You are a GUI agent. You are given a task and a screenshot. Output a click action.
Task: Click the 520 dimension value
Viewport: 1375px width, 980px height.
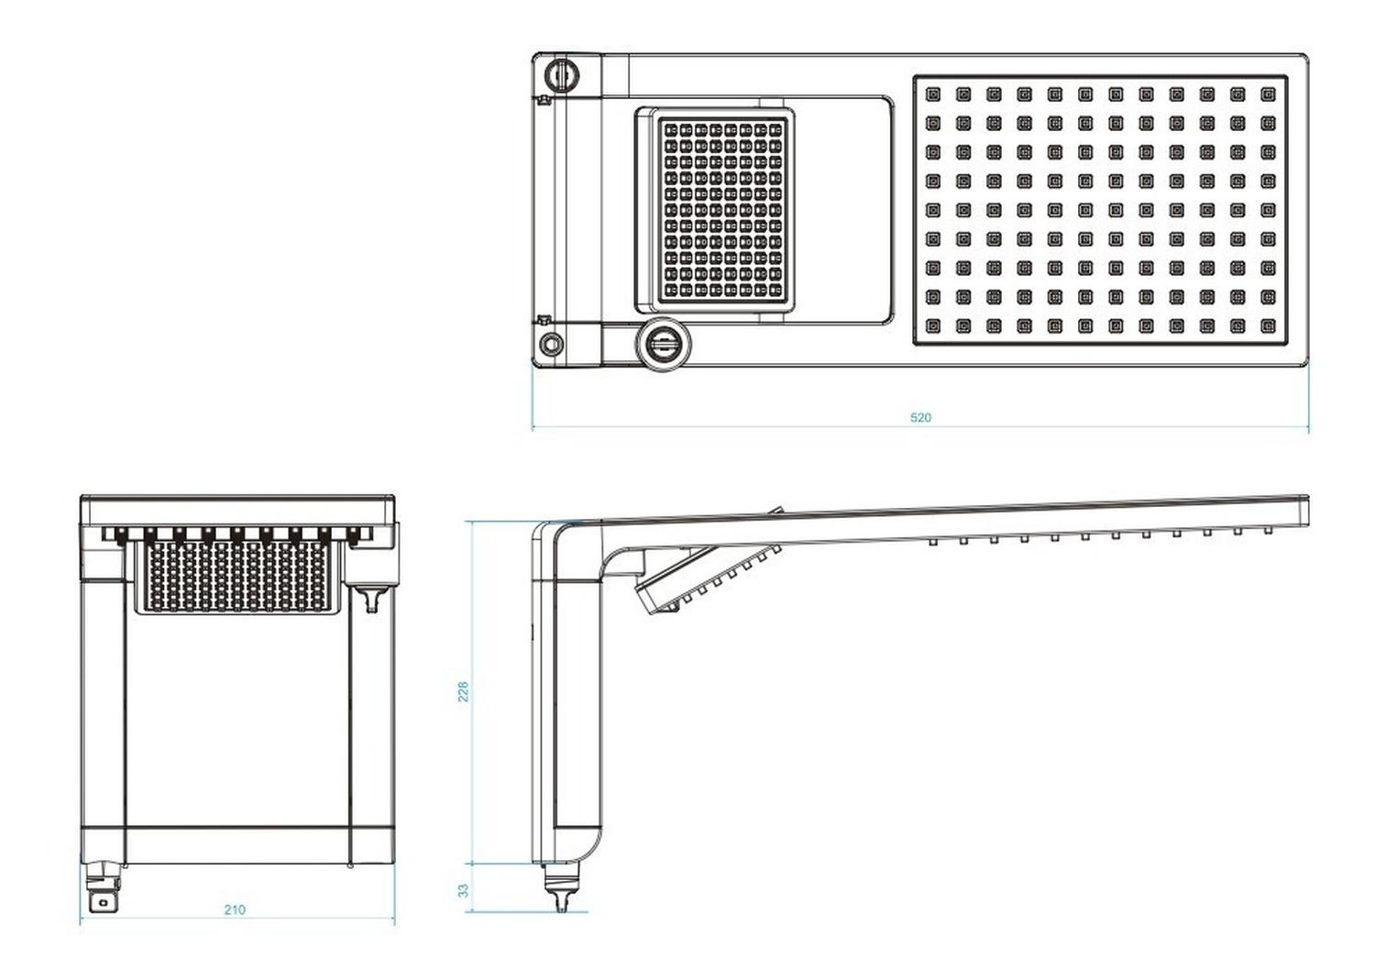[x=920, y=417]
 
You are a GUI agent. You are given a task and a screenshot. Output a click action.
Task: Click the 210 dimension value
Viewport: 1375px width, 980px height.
[x=235, y=909]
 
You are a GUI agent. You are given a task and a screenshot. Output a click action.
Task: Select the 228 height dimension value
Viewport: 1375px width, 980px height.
[x=464, y=691]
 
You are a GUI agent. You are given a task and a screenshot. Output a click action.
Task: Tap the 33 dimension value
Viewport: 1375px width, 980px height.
[x=464, y=890]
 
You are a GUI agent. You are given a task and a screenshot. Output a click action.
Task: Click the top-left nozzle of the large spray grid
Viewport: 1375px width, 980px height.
[x=933, y=94]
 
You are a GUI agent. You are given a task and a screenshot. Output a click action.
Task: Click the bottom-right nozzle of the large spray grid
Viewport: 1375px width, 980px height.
[x=1268, y=325]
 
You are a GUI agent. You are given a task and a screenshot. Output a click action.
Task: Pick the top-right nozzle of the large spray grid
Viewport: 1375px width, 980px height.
[x=1268, y=94]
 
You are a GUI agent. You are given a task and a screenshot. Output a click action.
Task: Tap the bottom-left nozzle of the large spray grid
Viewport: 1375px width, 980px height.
[x=933, y=325]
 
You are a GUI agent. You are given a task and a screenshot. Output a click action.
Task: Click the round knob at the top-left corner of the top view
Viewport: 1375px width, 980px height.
[x=562, y=74]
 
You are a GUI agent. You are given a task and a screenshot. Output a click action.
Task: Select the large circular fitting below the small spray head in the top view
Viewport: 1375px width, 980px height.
[x=663, y=343]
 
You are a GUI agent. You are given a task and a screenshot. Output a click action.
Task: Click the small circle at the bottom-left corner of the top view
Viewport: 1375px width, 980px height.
[x=549, y=343]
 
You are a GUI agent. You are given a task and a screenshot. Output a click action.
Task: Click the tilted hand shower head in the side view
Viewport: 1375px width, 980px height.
[x=706, y=578]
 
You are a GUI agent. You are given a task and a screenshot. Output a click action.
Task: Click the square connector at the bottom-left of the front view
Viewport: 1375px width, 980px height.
[x=104, y=887]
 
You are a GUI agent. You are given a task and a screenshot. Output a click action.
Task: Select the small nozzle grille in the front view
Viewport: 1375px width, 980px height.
[x=236, y=578]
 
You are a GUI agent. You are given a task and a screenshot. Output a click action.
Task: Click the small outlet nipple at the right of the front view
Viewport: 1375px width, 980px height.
[x=370, y=598]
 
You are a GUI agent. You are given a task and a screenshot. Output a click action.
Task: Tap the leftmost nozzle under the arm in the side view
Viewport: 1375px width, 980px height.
[x=933, y=542]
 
